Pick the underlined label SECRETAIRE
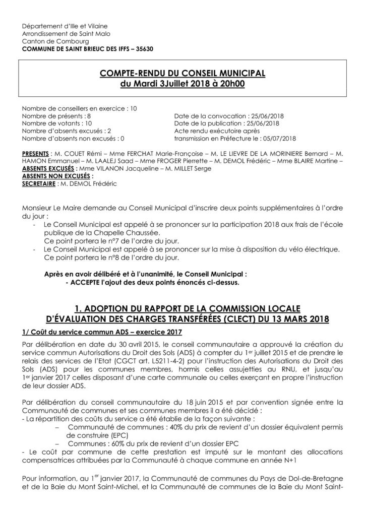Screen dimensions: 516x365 (38, 183)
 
